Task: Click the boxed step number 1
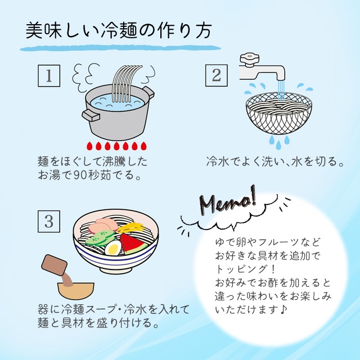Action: [x=49, y=76]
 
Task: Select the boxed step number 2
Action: [x=217, y=75]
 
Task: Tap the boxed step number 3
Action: [x=49, y=221]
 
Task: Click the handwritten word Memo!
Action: [x=228, y=201]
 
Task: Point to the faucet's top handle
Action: [x=249, y=58]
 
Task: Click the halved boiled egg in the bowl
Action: [x=113, y=248]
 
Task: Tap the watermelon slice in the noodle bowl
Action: [x=133, y=244]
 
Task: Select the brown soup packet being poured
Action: [x=55, y=265]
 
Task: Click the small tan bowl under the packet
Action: [x=75, y=291]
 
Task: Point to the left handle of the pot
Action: [x=91, y=115]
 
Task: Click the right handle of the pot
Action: [x=148, y=91]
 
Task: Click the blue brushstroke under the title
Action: [x=120, y=48]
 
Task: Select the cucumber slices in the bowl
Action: [x=100, y=238]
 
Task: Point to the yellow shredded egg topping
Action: [x=131, y=228]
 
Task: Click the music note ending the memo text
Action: [x=283, y=309]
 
